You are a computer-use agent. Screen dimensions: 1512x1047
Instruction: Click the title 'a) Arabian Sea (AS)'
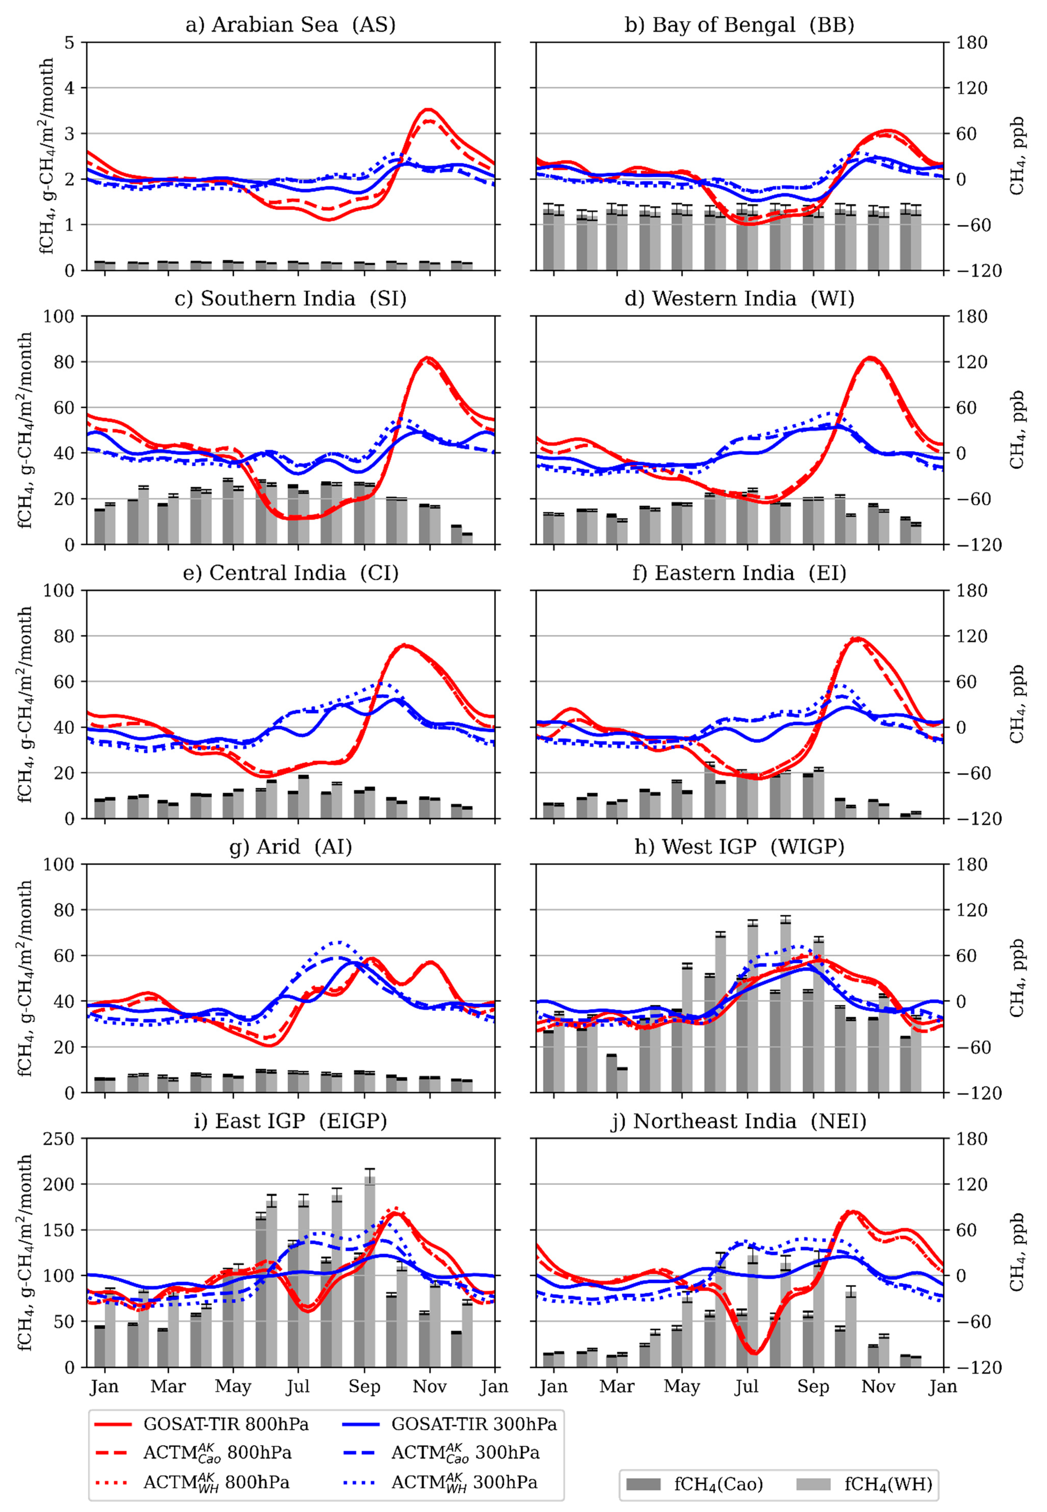pos(291,25)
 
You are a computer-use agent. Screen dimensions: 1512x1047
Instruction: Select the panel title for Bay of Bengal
pos(739,25)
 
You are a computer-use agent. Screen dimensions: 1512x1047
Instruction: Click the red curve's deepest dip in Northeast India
pos(755,1353)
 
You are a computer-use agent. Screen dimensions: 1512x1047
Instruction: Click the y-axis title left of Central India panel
pos(25,704)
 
